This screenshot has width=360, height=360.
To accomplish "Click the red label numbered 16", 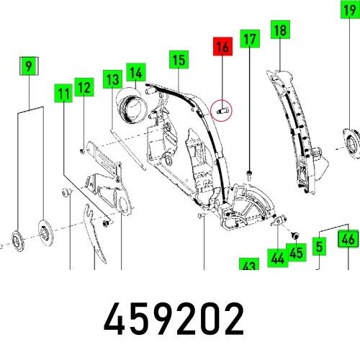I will click(x=222, y=49).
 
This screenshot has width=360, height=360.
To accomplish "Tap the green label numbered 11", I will click(x=64, y=93).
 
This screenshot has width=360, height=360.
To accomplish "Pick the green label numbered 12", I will click(x=84, y=89).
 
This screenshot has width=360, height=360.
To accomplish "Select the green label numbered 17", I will click(x=248, y=39).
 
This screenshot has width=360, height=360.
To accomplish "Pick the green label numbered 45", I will click(x=296, y=253).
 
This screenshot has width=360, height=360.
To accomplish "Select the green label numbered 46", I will click(x=348, y=240).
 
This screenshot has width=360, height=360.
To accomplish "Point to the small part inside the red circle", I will click(x=222, y=111).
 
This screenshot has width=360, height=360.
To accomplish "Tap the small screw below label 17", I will click(x=248, y=173).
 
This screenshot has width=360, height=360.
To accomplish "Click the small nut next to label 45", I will click(x=294, y=235).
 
